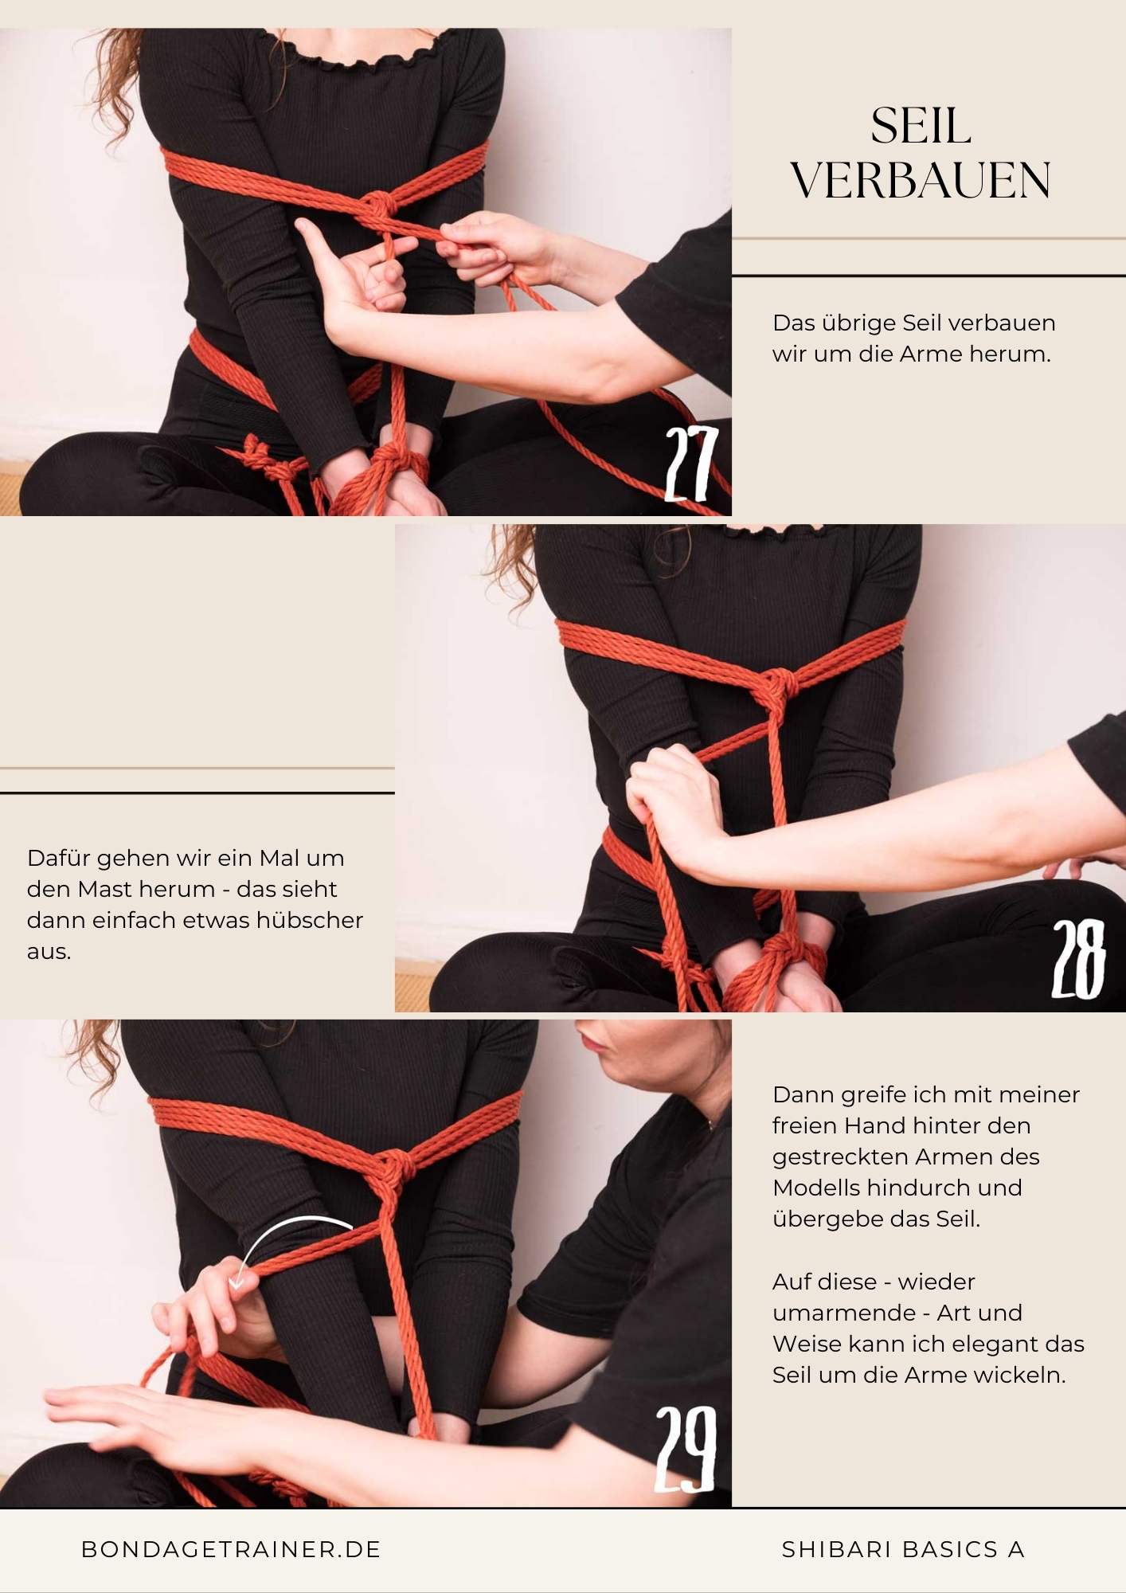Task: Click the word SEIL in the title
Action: tap(921, 127)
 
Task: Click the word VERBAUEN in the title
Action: tap(921, 182)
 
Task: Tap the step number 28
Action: tap(1079, 960)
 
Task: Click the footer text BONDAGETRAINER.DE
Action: tap(232, 1549)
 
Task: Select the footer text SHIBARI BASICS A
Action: tap(903, 1549)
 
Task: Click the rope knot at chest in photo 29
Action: tap(396, 1168)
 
